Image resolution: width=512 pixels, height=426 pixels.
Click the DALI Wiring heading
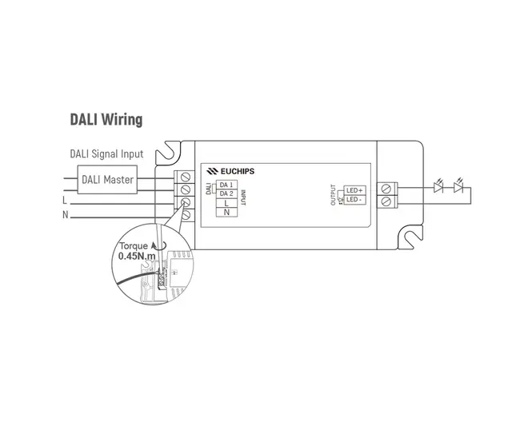click(x=106, y=120)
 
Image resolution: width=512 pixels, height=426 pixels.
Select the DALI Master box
click(x=107, y=179)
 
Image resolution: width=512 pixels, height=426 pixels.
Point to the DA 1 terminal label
click(x=226, y=185)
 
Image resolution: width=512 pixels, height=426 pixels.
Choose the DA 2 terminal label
click(x=226, y=194)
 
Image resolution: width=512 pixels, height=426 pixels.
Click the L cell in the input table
click(x=226, y=204)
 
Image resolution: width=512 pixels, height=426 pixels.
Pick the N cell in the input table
click(x=226, y=213)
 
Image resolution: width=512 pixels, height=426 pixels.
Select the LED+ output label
click(x=354, y=189)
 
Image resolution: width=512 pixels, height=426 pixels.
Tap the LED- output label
click(x=354, y=199)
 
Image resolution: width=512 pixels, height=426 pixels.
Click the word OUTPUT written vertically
click(x=334, y=194)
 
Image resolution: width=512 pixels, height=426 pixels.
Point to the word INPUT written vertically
click(x=242, y=194)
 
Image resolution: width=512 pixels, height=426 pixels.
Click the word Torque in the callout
click(x=133, y=246)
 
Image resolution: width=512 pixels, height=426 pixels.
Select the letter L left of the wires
click(x=65, y=201)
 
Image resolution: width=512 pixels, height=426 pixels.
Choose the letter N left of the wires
click(x=65, y=215)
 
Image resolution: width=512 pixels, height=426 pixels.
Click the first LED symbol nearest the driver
click(x=437, y=189)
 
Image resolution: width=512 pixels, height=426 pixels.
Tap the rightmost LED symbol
click(x=458, y=189)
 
